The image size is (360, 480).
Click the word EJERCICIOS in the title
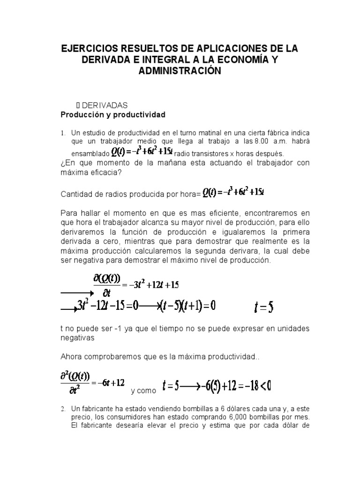click(x=96, y=49)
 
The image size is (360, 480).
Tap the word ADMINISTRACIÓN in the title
click(x=180, y=71)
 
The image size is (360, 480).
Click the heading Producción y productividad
click(x=113, y=114)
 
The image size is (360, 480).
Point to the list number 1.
click(x=63, y=133)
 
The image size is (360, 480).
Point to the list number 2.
click(x=63, y=409)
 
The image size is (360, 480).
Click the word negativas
click(x=78, y=337)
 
